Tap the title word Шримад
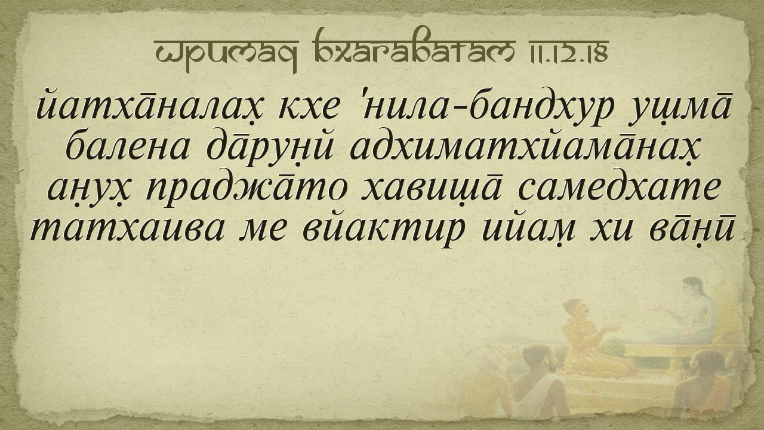point(226,53)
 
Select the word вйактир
point(384,232)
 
